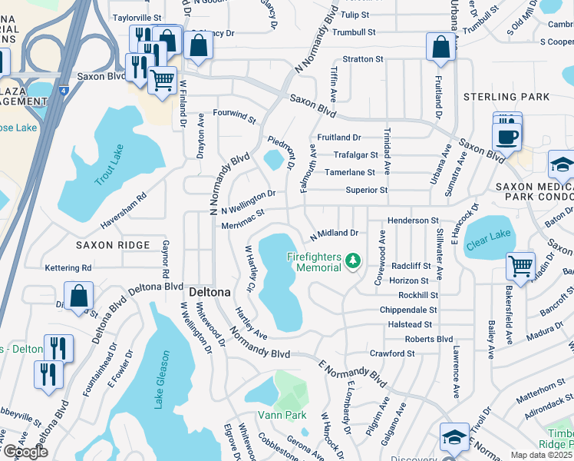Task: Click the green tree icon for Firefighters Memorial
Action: point(353,261)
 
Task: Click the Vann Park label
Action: point(282,415)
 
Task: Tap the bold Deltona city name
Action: point(206,293)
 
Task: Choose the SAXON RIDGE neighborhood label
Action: point(113,244)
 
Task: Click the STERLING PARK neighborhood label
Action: point(506,97)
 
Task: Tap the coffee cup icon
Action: point(506,138)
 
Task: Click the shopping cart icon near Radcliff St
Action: point(521,267)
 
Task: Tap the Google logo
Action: point(25,452)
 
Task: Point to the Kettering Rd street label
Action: point(68,267)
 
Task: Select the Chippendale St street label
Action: point(408,310)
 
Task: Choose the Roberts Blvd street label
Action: point(429,339)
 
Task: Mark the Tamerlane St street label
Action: point(350,173)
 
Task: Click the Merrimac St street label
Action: point(242,218)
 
